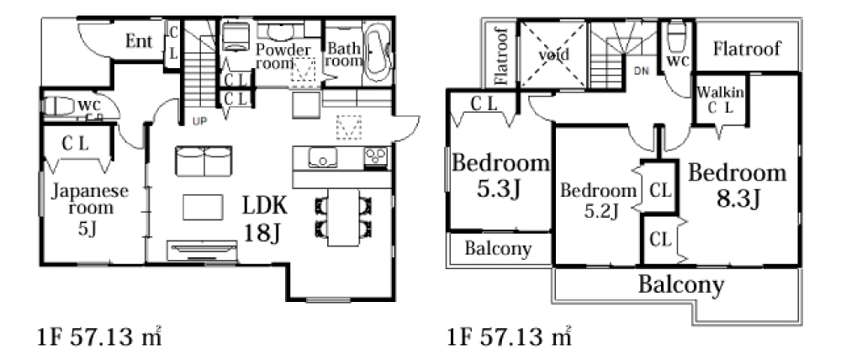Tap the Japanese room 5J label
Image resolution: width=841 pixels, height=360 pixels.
[x=90, y=209]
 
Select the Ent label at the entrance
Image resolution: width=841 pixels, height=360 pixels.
[x=139, y=40]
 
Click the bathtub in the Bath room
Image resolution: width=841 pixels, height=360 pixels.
[x=378, y=51]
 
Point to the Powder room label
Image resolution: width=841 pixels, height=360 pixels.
[x=283, y=56]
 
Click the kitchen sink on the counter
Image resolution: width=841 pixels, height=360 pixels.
[x=322, y=158]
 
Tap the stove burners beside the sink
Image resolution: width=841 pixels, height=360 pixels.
[x=376, y=158]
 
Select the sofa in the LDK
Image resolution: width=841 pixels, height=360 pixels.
[x=204, y=160]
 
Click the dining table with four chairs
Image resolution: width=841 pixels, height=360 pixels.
[x=343, y=217]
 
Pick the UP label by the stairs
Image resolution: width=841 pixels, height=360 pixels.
[x=199, y=122]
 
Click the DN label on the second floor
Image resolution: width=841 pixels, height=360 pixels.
[x=641, y=71]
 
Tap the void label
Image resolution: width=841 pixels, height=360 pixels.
[x=554, y=54]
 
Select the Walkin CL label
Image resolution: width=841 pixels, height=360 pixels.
[x=720, y=99]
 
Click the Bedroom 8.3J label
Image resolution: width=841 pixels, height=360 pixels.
[x=738, y=185]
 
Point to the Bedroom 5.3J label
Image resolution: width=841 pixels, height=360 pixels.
[x=500, y=175]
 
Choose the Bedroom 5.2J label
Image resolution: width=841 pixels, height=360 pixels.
[x=599, y=201]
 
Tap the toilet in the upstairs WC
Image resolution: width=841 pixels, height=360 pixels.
[x=677, y=34]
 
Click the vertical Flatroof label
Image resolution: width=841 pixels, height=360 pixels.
[x=500, y=56]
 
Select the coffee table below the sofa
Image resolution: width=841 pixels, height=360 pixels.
[x=203, y=207]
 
